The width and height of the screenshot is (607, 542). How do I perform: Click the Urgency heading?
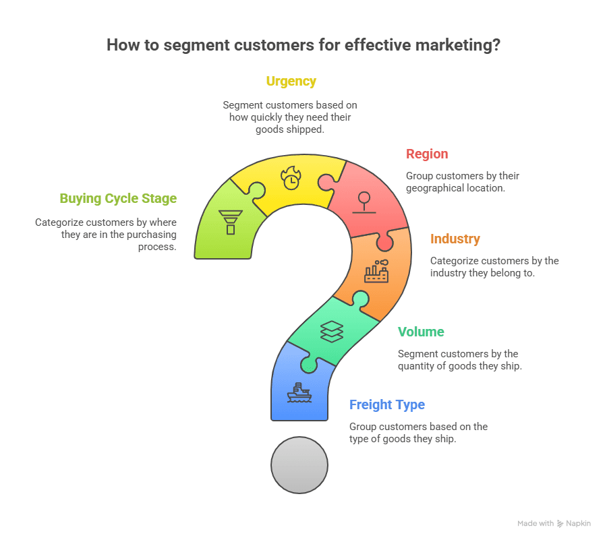pyautogui.click(x=291, y=82)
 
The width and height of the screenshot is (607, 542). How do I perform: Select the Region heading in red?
pyautogui.click(x=427, y=154)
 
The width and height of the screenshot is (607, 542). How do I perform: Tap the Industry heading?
pyautogui.click(x=455, y=239)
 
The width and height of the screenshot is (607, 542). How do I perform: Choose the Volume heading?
pyautogui.click(x=421, y=332)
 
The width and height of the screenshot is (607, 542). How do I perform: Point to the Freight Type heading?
pyautogui.click(x=386, y=404)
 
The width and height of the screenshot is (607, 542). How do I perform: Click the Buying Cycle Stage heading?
pyautogui.click(x=118, y=198)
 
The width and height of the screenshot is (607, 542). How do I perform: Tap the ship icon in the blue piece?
pyautogui.click(x=299, y=392)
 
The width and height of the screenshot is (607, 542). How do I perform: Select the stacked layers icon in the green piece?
pyautogui.click(x=332, y=331)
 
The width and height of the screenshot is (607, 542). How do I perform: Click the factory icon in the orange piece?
pyautogui.click(x=376, y=271)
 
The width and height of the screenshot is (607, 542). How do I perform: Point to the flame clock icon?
pyautogui.click(x=291, y=179)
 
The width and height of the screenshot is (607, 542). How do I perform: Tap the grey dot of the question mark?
pyautogui.click(x=299, y=465)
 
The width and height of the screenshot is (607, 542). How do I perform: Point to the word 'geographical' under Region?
pyautogui.click(x=436, y=188)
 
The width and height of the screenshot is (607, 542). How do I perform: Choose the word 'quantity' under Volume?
pyautogui.click(x=424, y=366)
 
